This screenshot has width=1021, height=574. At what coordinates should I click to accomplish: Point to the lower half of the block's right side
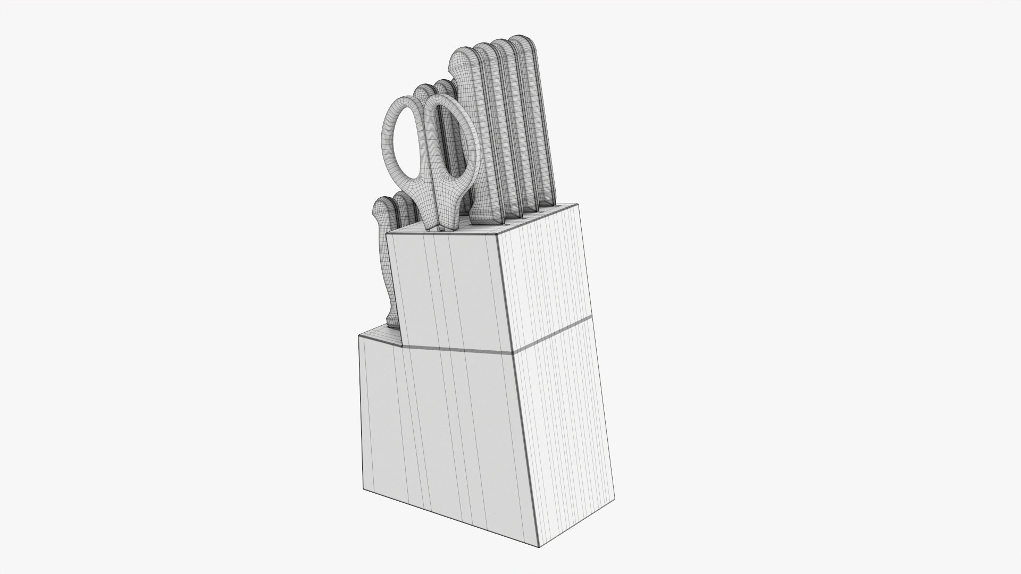click(x=566, y=415)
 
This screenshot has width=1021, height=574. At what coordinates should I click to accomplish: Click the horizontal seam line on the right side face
click(x=553, y=334)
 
